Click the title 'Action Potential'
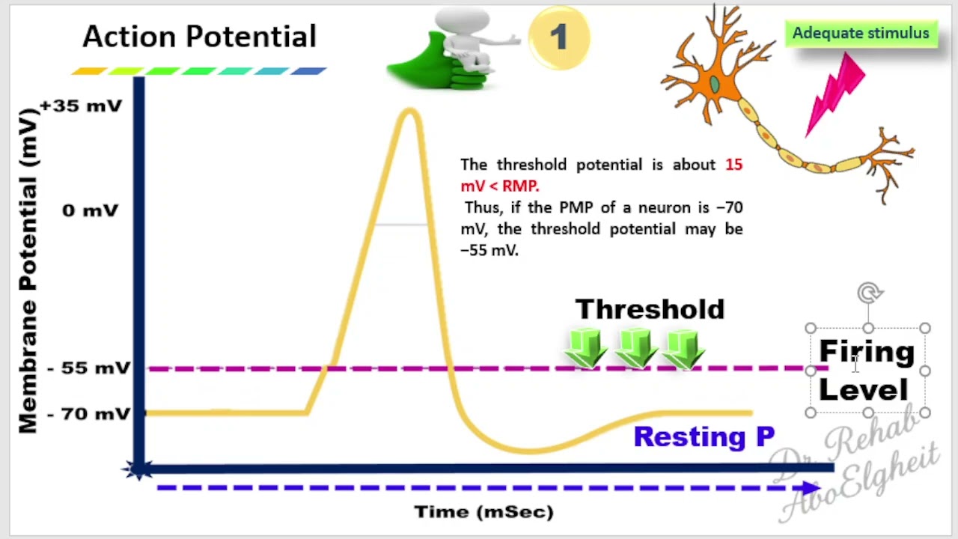coord(199,37)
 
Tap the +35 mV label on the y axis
coord(81,106)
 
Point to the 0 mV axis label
coord(90,210)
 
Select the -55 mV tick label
coord(88,368)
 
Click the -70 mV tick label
coord(88,413)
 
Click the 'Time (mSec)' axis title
coord(484,512)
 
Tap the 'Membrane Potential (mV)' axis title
coord(28,271)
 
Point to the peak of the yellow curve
coord(409,112)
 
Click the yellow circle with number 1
coord(558,38)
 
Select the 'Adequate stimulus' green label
coord(861,34)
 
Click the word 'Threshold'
coord(650,309)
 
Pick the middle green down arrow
coord(635,348)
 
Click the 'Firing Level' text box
coord(867,371)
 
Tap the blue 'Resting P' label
coord(704,436)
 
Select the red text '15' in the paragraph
coord(733,165)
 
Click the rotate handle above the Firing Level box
coord(869,293)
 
